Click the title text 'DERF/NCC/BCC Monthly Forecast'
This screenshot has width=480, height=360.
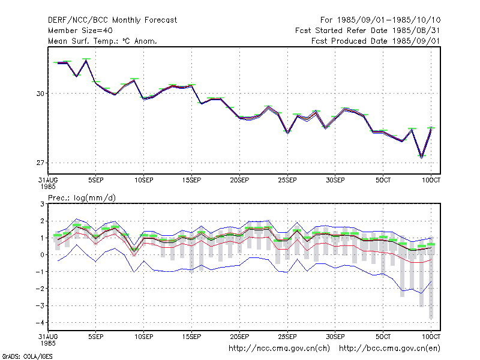pyautogui.click(x=112, y=20)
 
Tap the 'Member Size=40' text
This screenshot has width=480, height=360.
pyautogui.click(x=80, y=31)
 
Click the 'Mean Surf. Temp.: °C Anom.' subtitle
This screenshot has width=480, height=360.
pyautogui.click(x=103, y=41)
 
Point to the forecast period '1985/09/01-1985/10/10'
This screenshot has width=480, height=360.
pyautogui.click(x=389, y=20)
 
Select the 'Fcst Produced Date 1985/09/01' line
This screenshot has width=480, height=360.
pyautogui.click(x=376, y=41)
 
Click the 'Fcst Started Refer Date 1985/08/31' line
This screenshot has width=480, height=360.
pyautogui.click(x=368, y=31)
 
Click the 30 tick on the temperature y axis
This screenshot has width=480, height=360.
pyautogui.click(x=40, y=94)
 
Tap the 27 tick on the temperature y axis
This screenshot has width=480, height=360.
pyautogui.click(x=40, y=163)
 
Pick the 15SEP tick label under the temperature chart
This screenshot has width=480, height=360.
pyautogui.click(x=191, y=180)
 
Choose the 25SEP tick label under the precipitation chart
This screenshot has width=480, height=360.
pyautogui.click(x=287, y=337)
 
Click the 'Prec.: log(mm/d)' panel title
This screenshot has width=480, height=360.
pyautogui.click(x=82, y=198)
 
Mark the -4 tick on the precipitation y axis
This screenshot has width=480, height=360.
pyautogui.click(x=40, y=323)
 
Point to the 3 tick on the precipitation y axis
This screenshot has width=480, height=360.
pyautogui.click(x=42, y=204)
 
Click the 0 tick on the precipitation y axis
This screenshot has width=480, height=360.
pyautogui.click(x=42, y=255)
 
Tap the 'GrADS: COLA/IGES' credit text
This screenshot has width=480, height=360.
pyautogui.click(x=27, y=356)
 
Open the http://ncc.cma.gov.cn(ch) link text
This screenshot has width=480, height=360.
pyautogui.click(x=279, y=349)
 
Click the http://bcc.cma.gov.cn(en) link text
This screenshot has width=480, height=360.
pyautogui.click(x=389, y=349)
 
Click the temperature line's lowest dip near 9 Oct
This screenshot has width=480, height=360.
pyautogui.click(x=422, y=157)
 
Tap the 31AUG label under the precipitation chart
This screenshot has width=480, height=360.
pyautogui.click(x=48, y=337)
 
